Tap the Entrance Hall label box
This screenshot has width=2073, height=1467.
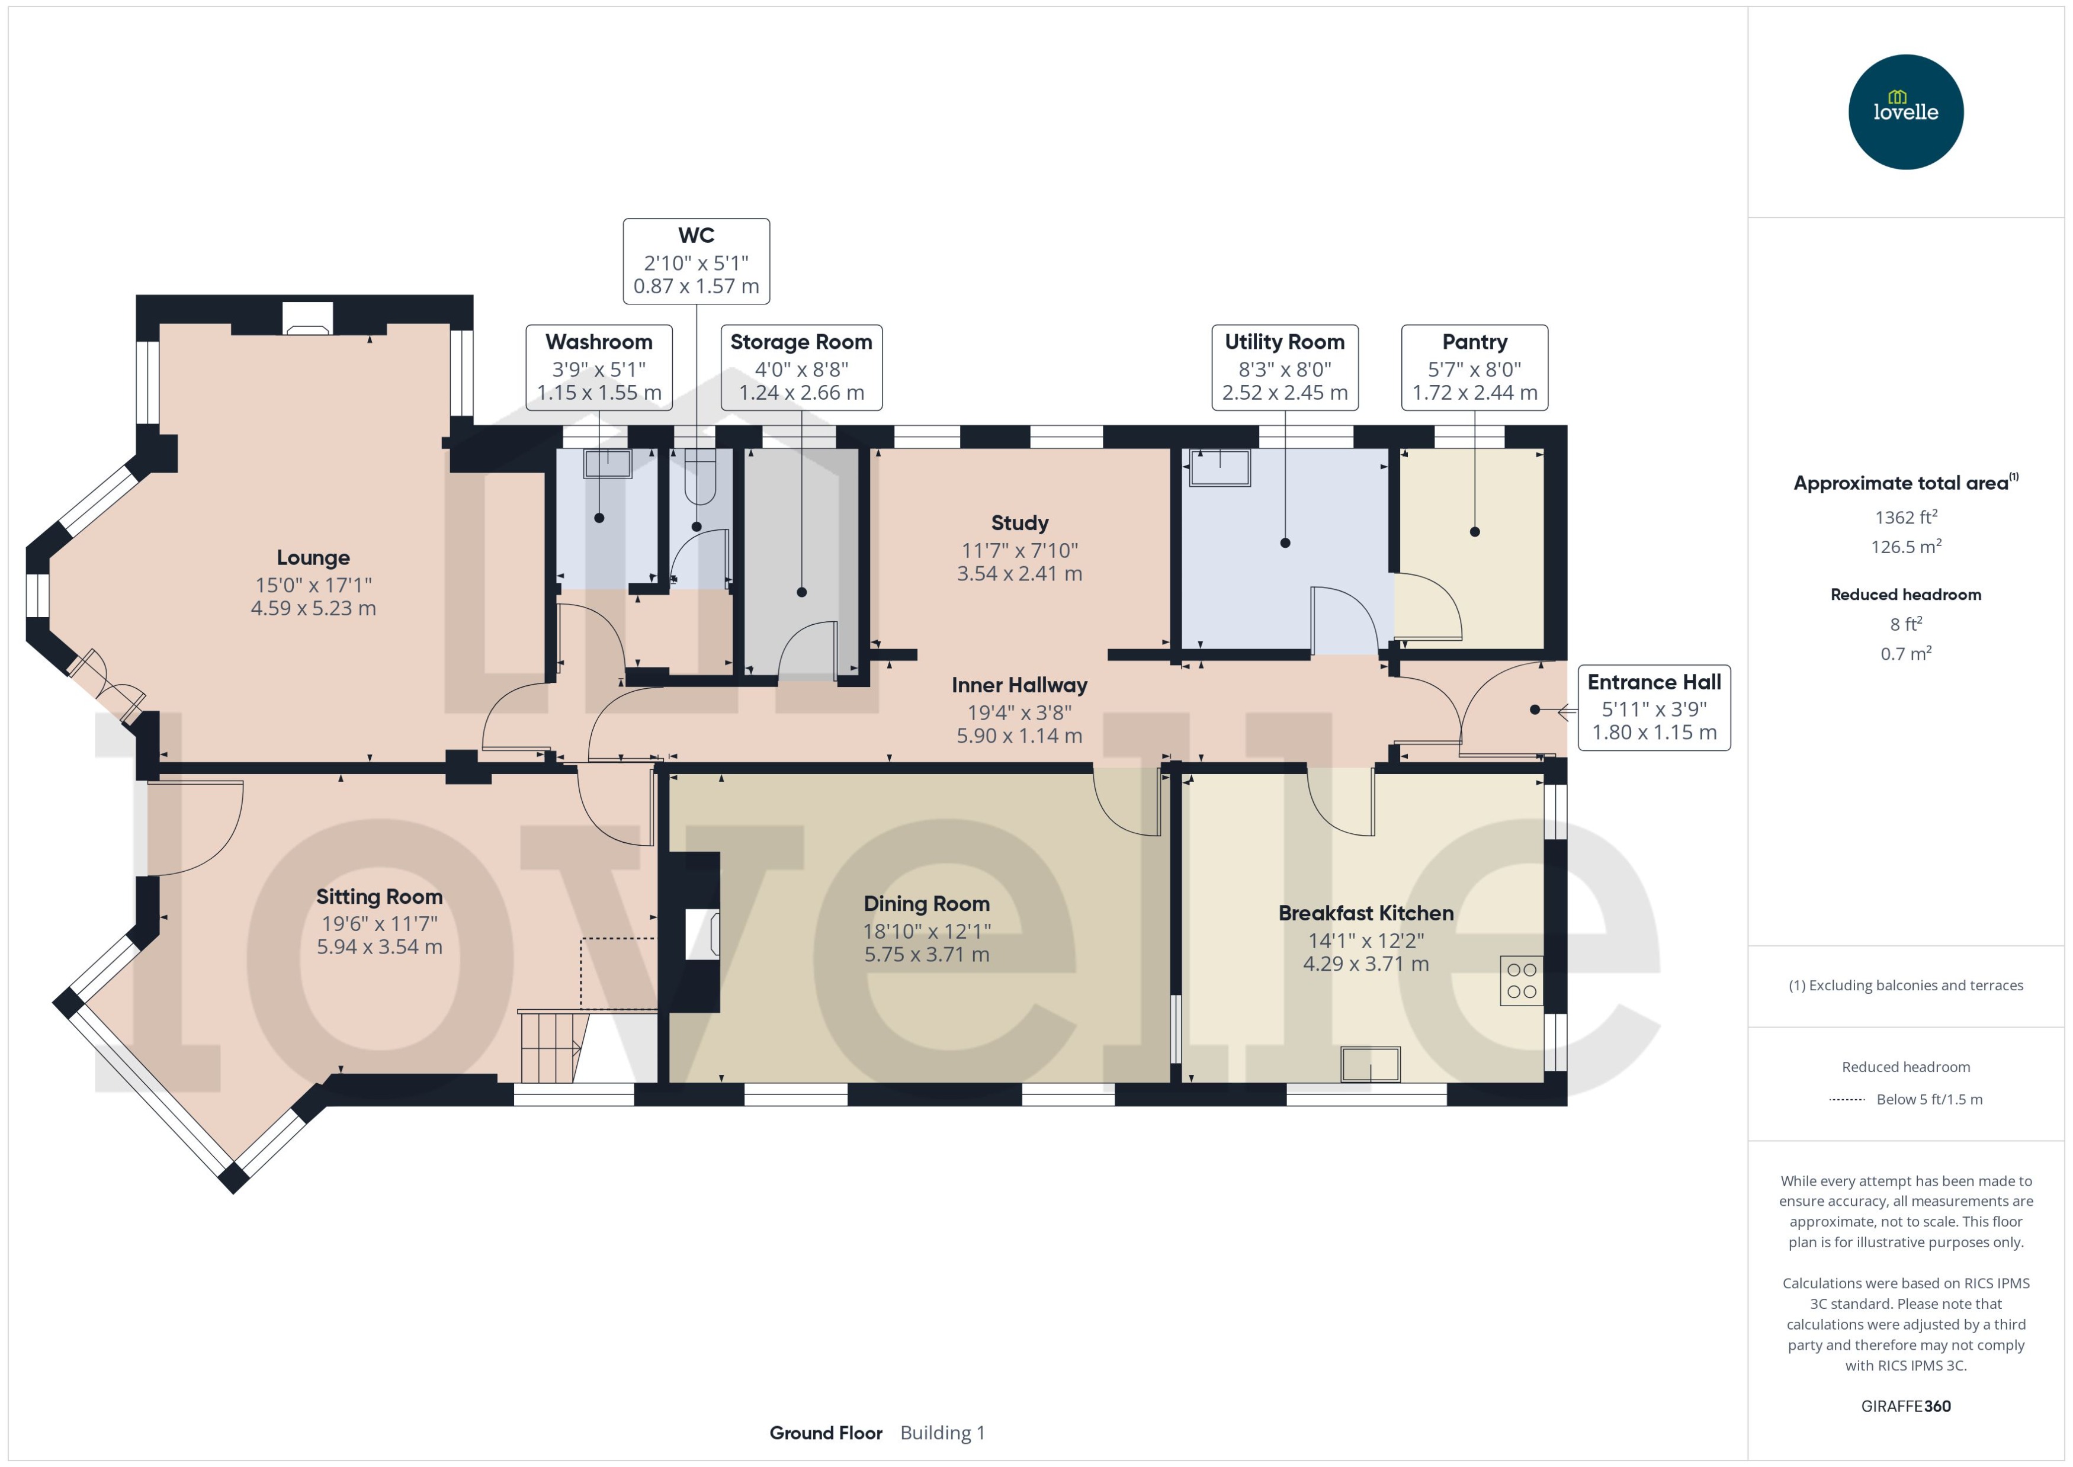(x=1653, y=707)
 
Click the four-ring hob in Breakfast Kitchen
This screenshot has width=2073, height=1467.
(x=1521, y=980)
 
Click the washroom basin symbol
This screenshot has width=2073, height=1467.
(x=607, y=463)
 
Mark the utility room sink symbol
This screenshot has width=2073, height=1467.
(x=1220, y=468)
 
